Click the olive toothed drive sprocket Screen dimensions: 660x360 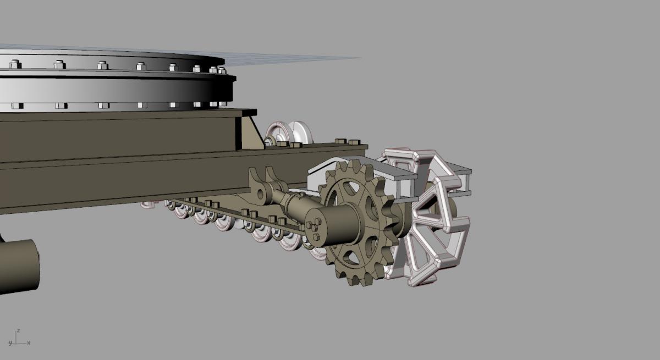358,223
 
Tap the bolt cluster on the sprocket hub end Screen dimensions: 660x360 314,228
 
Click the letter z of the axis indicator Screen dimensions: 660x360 18,330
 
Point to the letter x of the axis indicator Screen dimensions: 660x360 29,342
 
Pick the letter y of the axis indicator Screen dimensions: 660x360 10,343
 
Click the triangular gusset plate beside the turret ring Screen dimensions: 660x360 252,132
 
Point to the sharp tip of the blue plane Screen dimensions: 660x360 361,58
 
